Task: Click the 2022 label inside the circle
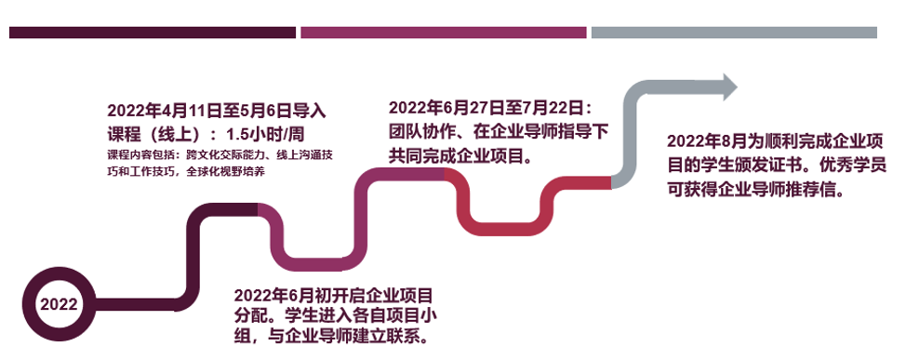59,304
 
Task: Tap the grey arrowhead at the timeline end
730,87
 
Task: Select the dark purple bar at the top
153,33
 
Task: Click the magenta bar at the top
444,33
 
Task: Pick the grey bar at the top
735,33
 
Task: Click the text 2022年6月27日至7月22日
485,108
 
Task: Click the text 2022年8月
705,141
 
